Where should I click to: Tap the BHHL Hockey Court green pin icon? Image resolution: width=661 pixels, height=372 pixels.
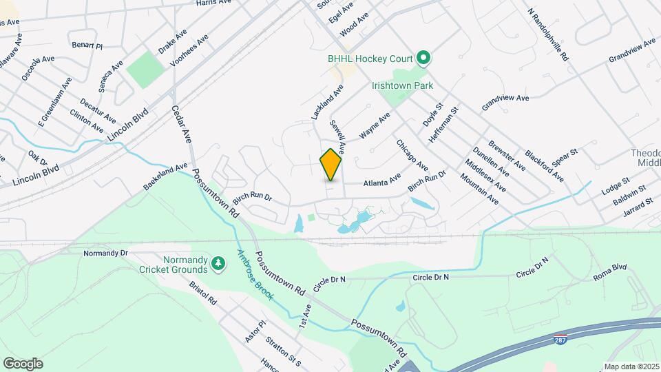424,58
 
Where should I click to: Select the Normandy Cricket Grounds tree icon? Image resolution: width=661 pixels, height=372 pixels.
218,263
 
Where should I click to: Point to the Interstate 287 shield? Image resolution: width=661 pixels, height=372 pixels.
560,340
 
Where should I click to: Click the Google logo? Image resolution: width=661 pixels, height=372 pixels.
23,363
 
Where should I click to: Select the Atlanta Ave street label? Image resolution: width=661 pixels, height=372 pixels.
382,180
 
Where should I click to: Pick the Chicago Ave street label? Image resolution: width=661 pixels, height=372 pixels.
412,156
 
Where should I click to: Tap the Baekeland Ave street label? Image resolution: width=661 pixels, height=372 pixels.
165,176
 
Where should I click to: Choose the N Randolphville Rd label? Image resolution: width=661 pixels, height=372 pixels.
547,34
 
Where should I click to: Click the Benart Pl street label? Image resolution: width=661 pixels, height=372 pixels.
87,45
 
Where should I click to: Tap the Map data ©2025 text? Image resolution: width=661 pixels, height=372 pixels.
631,366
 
